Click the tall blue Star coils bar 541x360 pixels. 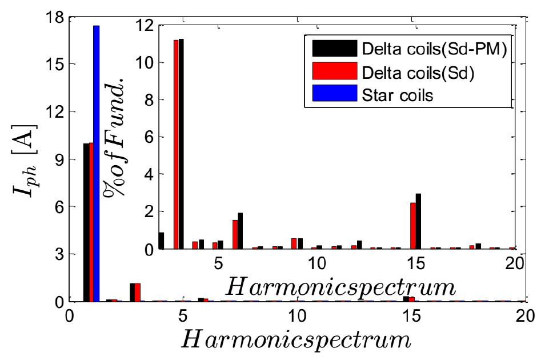(96, 163)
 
